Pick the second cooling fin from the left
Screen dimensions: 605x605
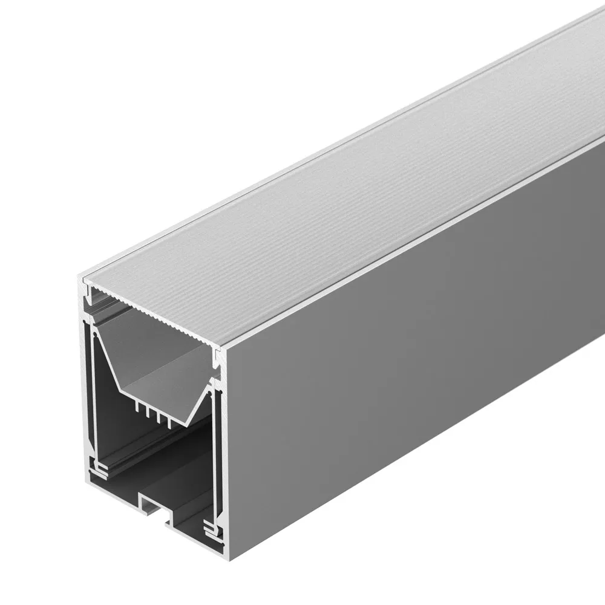147,412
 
